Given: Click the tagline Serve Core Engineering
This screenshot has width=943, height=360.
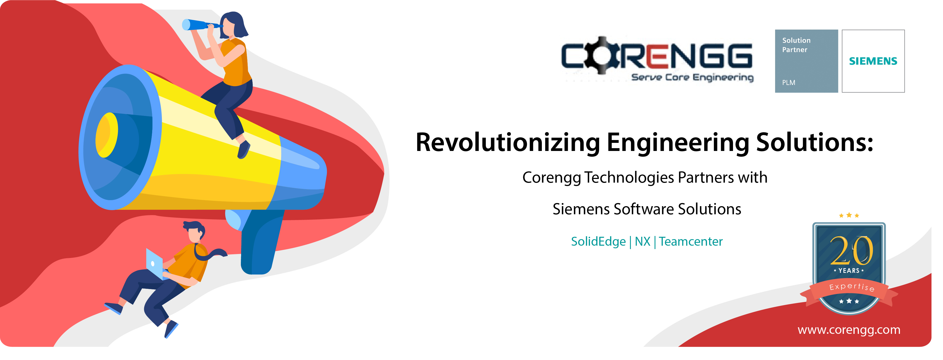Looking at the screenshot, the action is click(693, 77).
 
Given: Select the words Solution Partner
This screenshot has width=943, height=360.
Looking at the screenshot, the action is click(796, 45).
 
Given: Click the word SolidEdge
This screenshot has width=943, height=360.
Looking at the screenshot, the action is click(598, 242).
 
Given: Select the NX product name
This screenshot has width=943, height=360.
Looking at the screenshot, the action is click(643, 242).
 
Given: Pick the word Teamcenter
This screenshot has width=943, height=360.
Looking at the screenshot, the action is click(691, 242).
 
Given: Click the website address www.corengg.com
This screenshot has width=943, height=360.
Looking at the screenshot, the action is click(849, 330).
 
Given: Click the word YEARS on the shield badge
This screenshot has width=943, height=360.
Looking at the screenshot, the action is click(849, 271).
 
